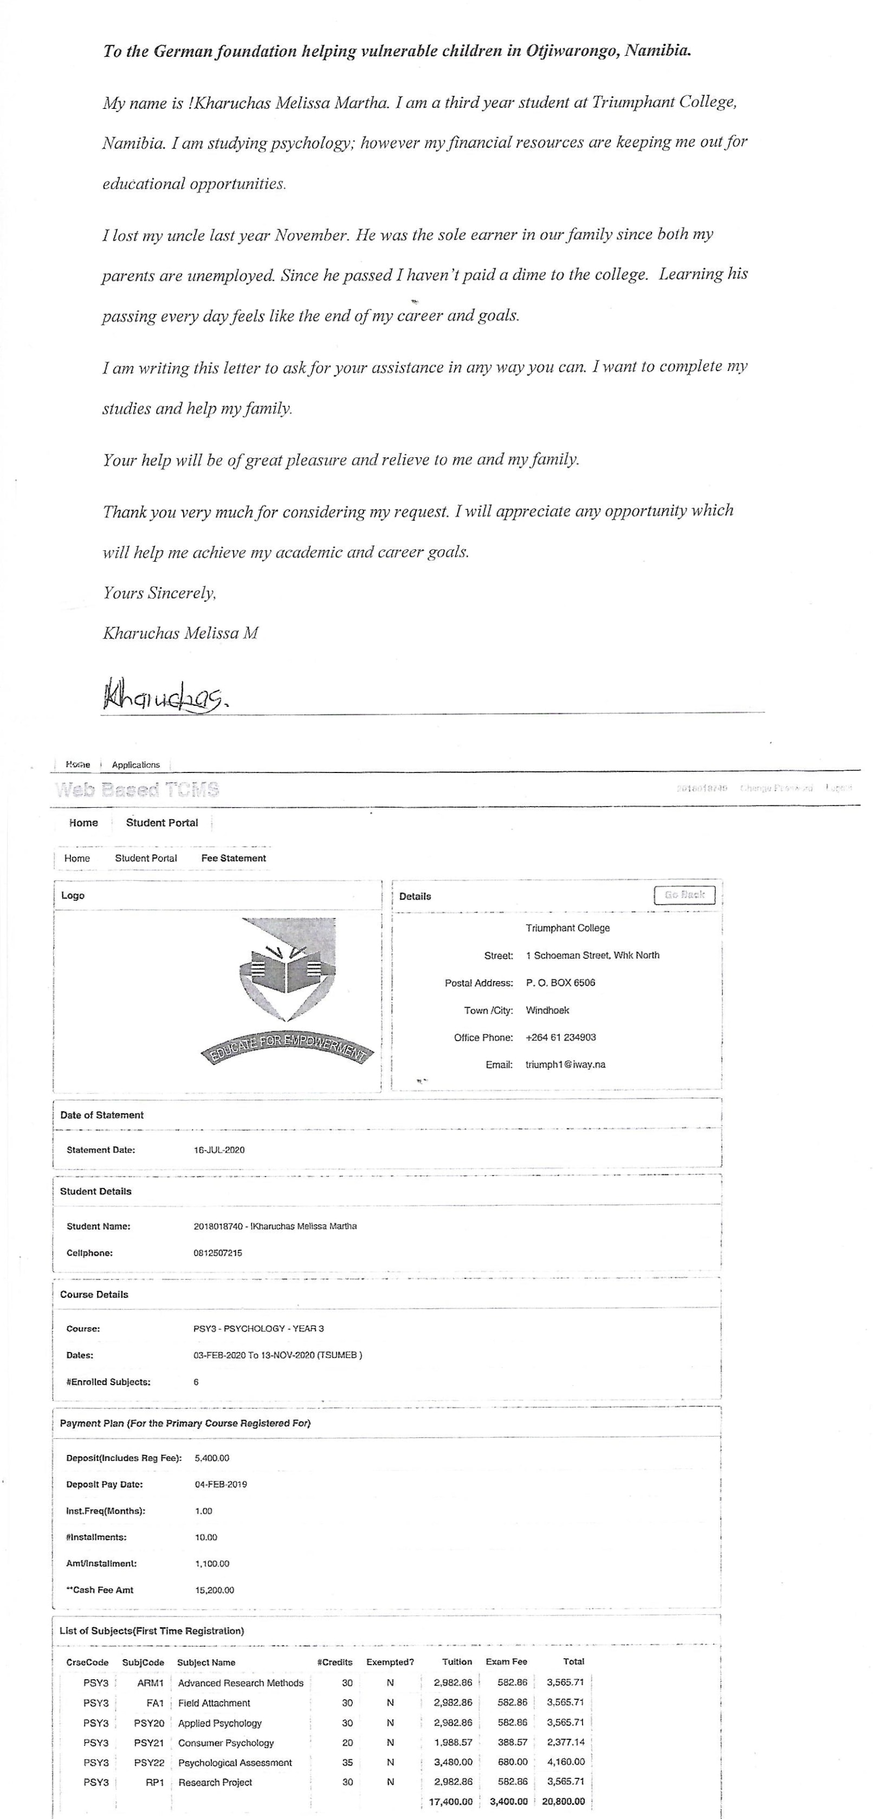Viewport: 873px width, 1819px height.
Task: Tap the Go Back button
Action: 684,895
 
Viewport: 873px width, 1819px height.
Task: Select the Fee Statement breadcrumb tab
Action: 233,858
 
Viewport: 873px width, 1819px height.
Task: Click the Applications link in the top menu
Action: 135,765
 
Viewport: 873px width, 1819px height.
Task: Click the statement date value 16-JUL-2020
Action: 219,1149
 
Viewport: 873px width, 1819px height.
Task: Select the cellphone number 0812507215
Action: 217,1253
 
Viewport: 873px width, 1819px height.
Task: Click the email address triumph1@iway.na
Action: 565,1064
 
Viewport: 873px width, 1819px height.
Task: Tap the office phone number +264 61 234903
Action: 561,1037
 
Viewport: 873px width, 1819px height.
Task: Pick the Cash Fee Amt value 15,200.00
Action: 214,1589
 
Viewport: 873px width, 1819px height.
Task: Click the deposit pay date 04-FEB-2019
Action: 221,1484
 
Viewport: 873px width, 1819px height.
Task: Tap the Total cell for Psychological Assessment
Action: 565,1762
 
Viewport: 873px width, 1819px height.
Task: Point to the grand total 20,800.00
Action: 563,1801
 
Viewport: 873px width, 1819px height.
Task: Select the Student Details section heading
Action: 95,1191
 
